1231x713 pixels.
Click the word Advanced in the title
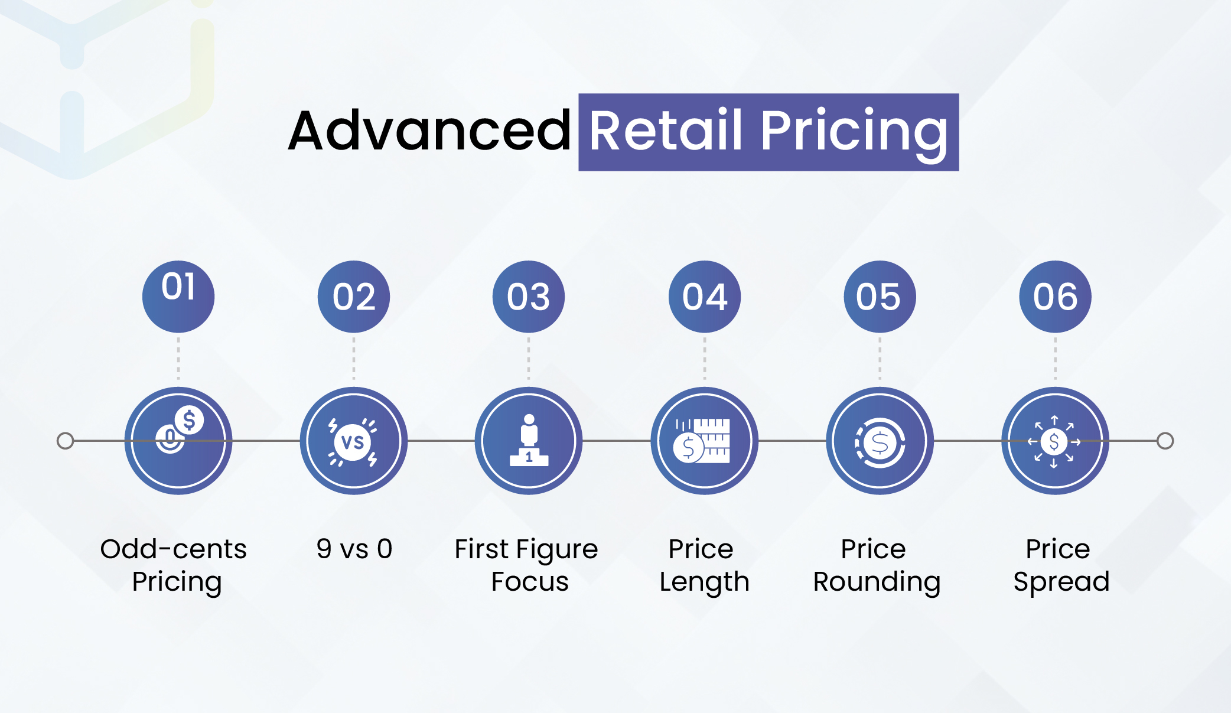pos(429,131)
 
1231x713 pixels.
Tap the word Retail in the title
pos(666,131)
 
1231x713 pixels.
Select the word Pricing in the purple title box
pos(854,135)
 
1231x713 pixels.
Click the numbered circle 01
pos(178,297)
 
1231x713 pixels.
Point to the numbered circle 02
pos(354,297)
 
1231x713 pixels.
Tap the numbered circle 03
pos(529,297)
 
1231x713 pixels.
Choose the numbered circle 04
pos(705,297)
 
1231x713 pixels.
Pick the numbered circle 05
pos(880,297)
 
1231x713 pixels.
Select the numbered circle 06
pos(1056,297)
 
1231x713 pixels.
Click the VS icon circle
pos(354,441)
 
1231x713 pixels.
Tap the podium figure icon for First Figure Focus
pos(529,441)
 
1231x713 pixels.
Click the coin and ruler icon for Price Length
pos(702,441)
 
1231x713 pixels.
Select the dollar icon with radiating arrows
pos(1054,441)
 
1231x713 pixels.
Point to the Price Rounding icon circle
pos(880,441)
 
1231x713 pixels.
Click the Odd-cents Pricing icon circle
pos(178,441)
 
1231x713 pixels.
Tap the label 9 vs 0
pos(354,549)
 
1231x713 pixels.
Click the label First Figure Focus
pos(527,565)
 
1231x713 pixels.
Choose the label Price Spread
pos(1061,565)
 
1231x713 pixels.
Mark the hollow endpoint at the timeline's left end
pos(66,441)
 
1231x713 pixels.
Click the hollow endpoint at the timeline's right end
pos(1165,441)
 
